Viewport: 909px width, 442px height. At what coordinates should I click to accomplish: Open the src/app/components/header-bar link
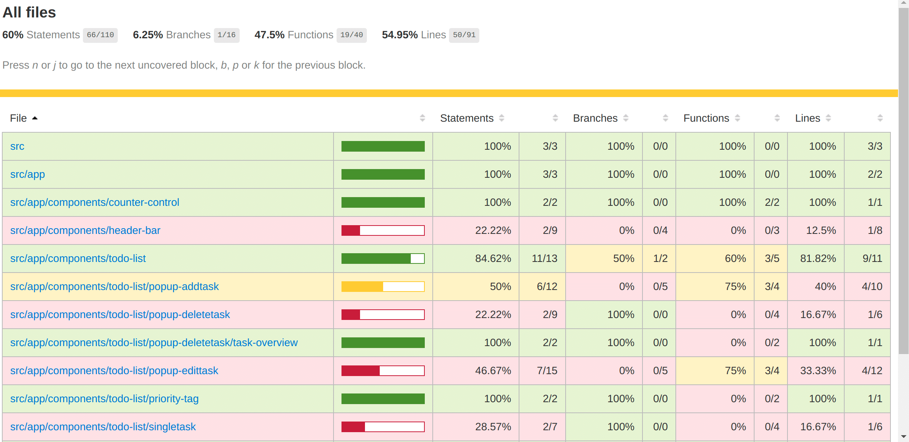click(85, 230)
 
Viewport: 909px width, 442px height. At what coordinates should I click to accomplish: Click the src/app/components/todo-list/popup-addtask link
click(114, 287)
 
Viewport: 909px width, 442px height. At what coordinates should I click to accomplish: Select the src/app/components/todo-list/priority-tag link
click(104, 399)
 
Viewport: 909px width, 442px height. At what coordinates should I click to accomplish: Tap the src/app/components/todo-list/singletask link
click(103, 427)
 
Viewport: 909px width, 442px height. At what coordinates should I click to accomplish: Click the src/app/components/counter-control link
click(95, 202)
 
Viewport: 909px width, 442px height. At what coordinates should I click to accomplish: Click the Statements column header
click(467, 118)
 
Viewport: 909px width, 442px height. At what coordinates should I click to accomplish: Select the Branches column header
click(595, 118)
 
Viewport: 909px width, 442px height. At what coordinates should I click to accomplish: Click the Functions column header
click(706, 118)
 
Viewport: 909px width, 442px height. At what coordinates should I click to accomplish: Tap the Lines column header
click(808, 118)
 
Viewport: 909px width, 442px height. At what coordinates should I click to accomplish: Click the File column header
click(18, 118)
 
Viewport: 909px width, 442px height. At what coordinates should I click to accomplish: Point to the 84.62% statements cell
click(493, 259)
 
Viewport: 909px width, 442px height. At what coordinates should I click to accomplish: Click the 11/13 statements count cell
click(544, 259)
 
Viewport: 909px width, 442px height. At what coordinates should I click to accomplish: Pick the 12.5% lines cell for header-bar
click(821, 230)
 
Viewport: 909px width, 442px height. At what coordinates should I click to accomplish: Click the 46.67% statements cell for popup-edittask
click(493, 371)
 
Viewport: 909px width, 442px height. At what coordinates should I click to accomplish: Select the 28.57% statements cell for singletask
click(493, 427)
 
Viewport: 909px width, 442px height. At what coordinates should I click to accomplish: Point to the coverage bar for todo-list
click(383, 259)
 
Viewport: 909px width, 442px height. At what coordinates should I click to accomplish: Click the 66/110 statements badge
click(100, 35)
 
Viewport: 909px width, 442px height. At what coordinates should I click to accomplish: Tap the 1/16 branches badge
click(226, 35)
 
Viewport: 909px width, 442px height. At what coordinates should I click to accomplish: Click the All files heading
click(29, 13)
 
